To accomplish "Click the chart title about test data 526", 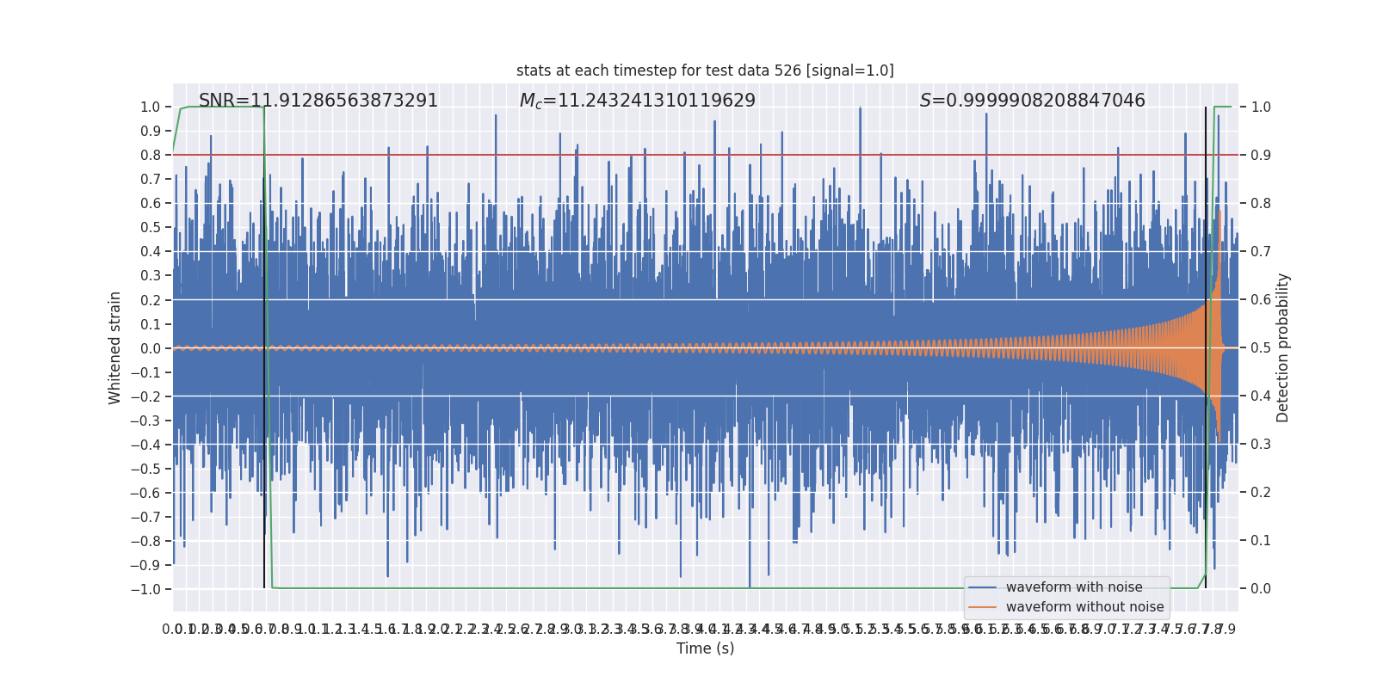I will point(705,71).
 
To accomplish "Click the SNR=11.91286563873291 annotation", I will point(318,101).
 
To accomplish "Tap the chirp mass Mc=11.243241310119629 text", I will point(638,101).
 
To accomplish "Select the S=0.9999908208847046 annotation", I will point(1032,101).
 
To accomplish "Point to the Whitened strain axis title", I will point(114,347).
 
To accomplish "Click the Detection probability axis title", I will point(1283,347).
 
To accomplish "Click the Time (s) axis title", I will point(705,648).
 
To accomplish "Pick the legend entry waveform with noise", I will point(1073,587).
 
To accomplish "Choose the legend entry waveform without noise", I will point(1084,607).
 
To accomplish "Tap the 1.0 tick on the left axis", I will point(150,107).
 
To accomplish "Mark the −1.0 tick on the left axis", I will point(145,589).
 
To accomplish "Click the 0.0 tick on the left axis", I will point(150,348).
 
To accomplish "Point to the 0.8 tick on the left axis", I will point(150,155).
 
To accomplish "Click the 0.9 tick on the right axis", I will point(1261,155).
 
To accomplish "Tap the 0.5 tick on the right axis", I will point(1261,348).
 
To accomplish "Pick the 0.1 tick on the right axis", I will point(1261,541).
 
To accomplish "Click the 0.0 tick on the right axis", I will point(1261,589).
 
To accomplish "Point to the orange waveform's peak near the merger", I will point(1220,212).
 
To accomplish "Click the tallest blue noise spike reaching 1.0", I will point(860,108).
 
